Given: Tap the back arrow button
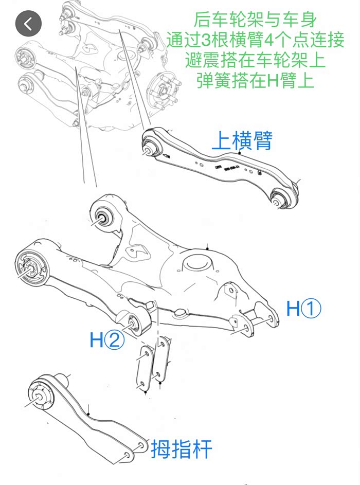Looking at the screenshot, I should [x=28, y=23].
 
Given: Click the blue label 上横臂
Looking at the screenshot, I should [x=242, y=140].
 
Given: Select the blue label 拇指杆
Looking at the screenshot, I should [x=181, y=449].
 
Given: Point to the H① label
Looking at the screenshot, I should [x=304, y=309].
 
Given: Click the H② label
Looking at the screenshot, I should [x=107, y=340].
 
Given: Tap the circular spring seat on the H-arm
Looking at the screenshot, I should [x=199, y=262].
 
